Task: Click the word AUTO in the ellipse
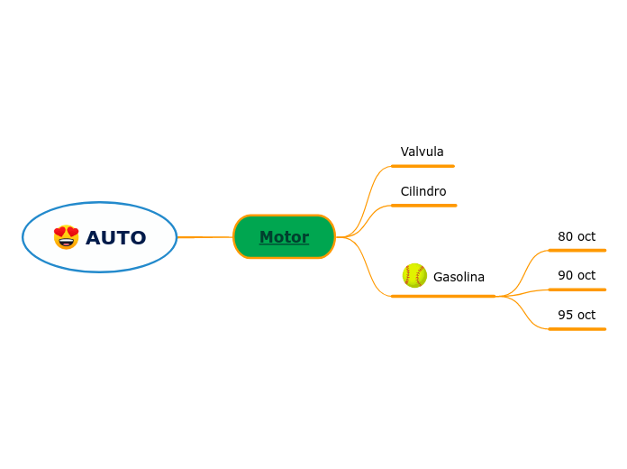(115, 238)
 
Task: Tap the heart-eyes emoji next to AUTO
(67, 237)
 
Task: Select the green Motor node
(284, 237)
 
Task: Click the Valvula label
(422, 152)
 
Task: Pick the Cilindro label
(423, 191)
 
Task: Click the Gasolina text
(459, 277)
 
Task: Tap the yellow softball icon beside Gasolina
(414, 275)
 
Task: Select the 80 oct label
(577, 236)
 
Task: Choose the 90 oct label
(577, 275)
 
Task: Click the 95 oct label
(577, 315)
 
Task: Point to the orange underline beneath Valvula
(423, 166)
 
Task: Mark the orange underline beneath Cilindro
(423, 206)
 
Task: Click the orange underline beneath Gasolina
(443, 296)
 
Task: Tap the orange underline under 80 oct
(577, 250)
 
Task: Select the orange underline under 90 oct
(577, 290)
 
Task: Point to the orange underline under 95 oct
(577, 329)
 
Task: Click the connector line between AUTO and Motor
(204, 237)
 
